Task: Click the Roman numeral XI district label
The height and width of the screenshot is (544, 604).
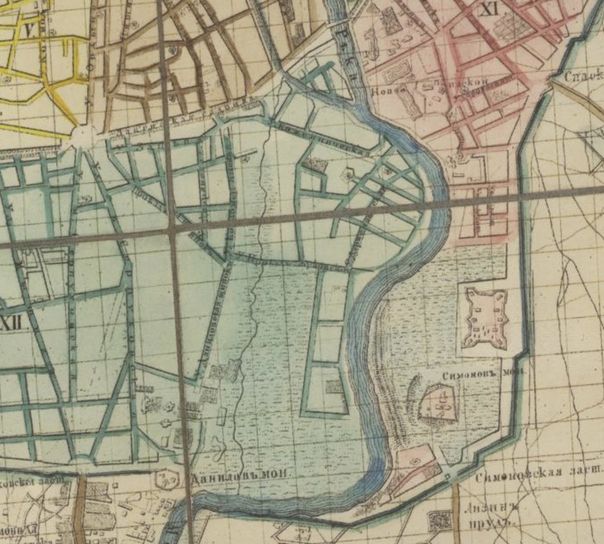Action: click(x=487, y=9)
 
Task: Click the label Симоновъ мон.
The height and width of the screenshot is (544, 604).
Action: click(x=483, y=374)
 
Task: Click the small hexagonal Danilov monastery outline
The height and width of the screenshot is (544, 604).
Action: click(x=166, y=479)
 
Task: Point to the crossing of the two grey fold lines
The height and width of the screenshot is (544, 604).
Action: click(x=171, y=229)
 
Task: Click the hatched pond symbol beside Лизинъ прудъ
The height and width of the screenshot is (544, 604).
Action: click(x=439, y=520)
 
